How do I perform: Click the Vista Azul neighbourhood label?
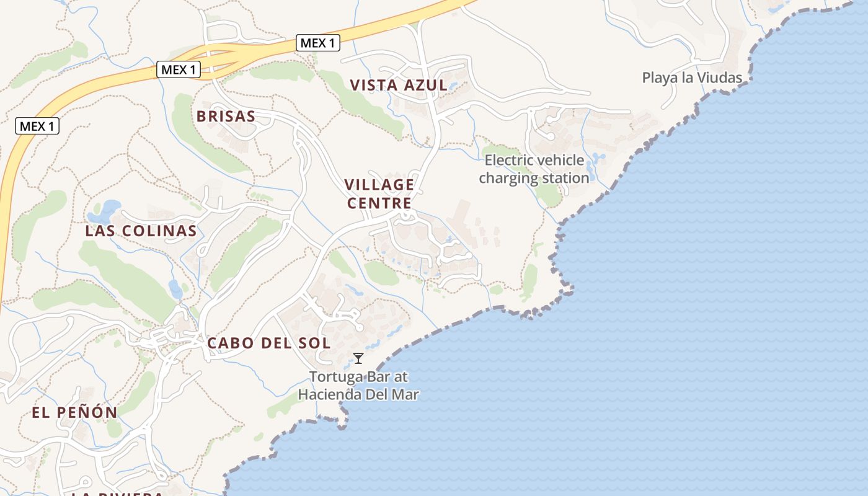(x=398, y=86)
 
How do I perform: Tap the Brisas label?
(x=226, y=116)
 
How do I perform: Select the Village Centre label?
(x=379, y=193)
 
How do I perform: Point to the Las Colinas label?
(x=141, y=231)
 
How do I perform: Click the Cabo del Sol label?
(x=268, y=343)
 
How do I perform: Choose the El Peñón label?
(x=74, y=412)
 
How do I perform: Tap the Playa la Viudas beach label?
(x=692, y=77)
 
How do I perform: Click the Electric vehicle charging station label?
(x=534, y=169)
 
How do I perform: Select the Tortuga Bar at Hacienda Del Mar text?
(x=358, y=385)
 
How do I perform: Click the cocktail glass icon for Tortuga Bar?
(x=358, y=358)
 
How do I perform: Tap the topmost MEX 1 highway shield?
(x=317, y=43)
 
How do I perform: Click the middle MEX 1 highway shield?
(x=178, y=69)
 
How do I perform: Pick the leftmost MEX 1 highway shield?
(x=37, y=126)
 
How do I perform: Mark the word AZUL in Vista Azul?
(x=425, y=86)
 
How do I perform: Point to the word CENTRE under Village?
(x=379, y=203)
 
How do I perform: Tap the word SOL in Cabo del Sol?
(x=316, y=343)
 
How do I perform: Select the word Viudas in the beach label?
(x=722, y=77)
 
